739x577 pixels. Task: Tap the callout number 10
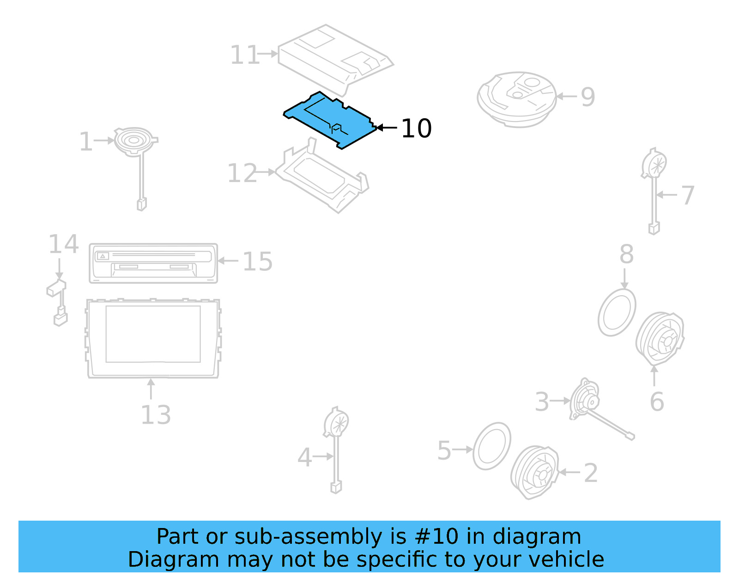[x=416, y=128]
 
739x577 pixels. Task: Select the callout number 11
[x=245, y=55]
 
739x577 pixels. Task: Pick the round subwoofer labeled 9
[x=516, y=99]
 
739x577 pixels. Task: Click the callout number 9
[x=588, y=97]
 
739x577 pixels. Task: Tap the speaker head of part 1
[x=134, y=140]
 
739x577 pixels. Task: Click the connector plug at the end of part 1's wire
[x=142, y=204]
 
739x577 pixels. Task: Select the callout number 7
[x=688, y=195]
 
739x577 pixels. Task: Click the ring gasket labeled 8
[x=617, y=313]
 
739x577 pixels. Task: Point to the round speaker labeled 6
[x=660, y=339]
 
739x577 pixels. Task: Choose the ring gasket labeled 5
[x=492, y=446]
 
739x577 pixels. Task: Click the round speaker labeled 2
[x=535, y=472]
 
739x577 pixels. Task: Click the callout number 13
[x=156, y=415]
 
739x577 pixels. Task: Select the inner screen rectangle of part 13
[x=153, y=334]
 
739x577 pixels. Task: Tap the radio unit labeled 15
[x=153, y=263]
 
